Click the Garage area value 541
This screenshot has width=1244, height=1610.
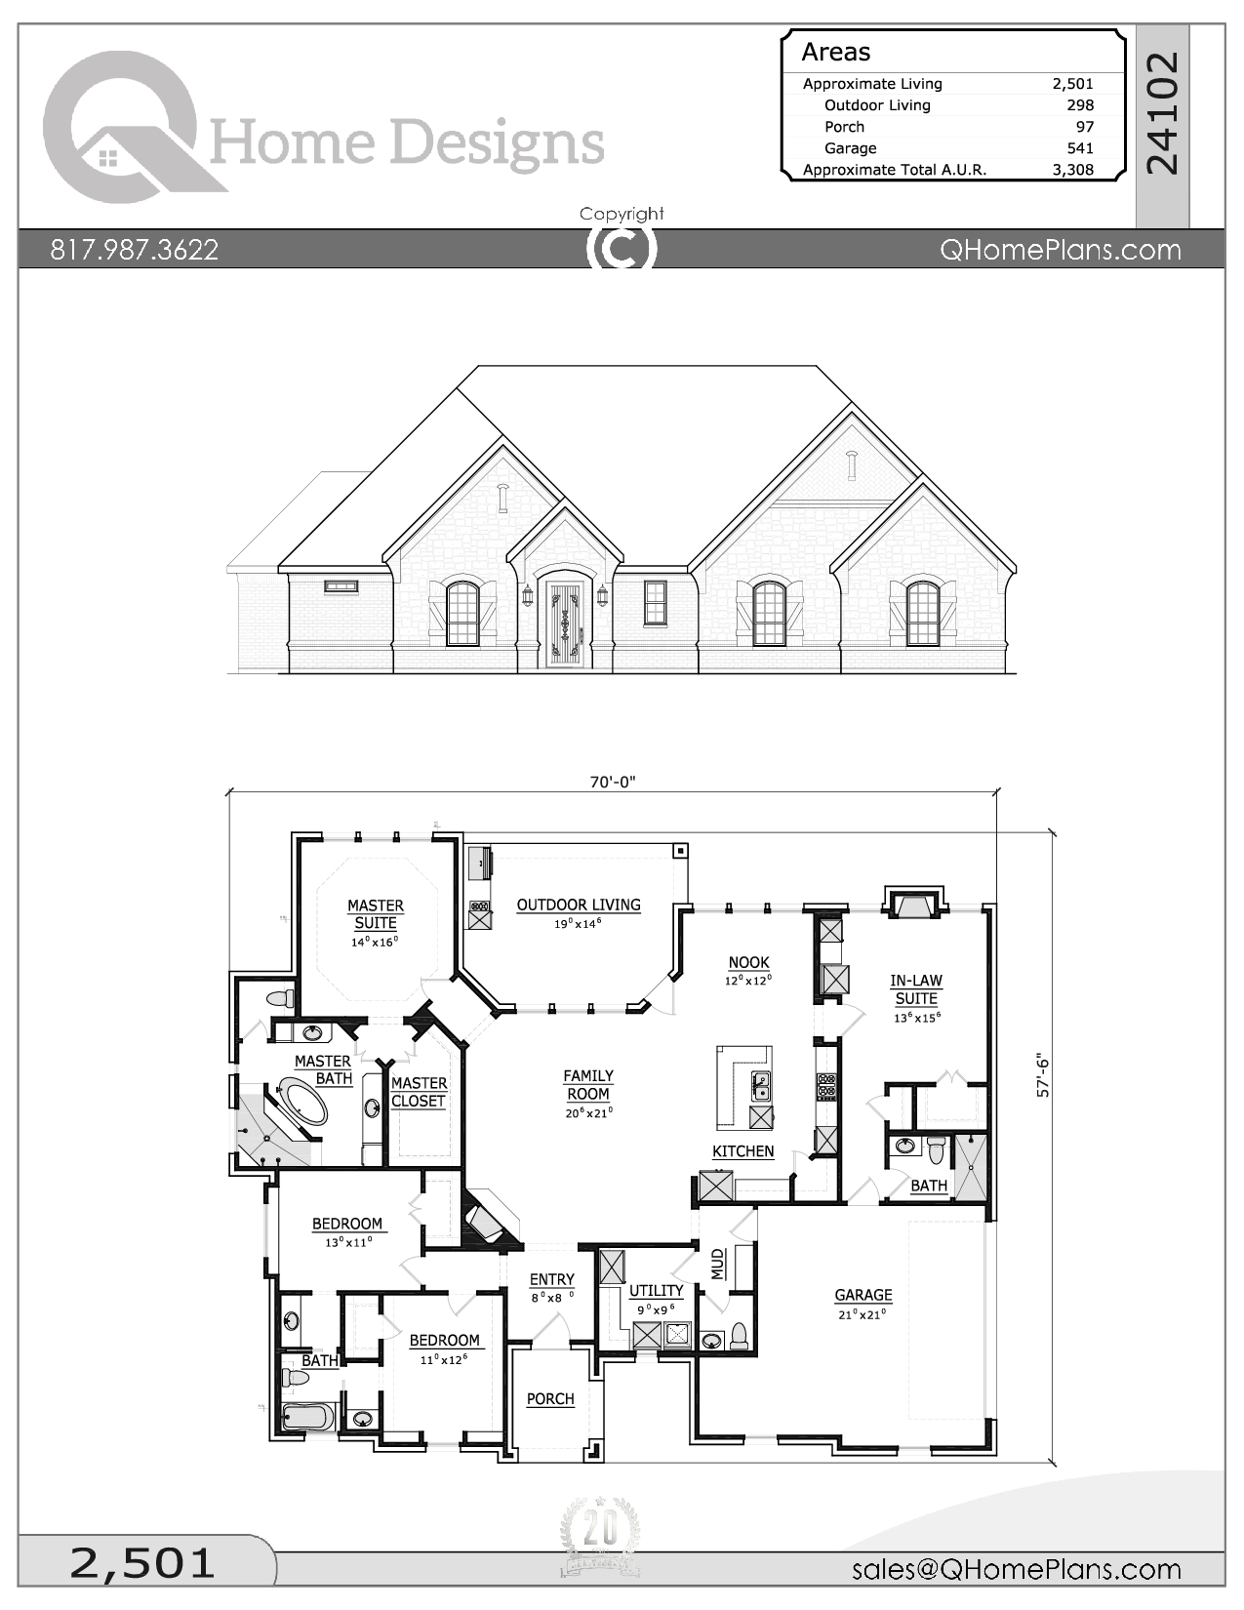coord(1080,148)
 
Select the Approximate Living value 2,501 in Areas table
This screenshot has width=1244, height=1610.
coord(1072,84)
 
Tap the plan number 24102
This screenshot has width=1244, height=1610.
coord(1162,113)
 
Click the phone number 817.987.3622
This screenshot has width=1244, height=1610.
coord(135,250)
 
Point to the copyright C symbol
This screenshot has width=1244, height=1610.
coord(622,249)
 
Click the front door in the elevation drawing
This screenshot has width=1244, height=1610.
coord(565,624)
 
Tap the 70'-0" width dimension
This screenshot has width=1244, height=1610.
coord(612,782)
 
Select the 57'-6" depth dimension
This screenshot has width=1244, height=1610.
coord(1043,1075)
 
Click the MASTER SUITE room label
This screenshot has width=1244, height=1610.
coord(376,914)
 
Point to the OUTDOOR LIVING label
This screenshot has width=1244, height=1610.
coord(579,905)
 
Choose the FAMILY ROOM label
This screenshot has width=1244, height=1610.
coord(588,1085)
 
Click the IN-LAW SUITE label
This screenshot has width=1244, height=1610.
coord(916,989)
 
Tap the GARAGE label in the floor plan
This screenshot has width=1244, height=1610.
coord(863,1295)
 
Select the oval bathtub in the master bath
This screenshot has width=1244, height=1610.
coord(303,1103)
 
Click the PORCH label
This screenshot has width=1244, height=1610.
coord(550,1398)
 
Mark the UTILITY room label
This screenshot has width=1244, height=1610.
coord(656,1290)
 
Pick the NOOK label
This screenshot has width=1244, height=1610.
coord(748,962)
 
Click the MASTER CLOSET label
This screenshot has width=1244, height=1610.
coord(419,1092)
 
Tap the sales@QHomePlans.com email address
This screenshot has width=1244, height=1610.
coord(1016,1569)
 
